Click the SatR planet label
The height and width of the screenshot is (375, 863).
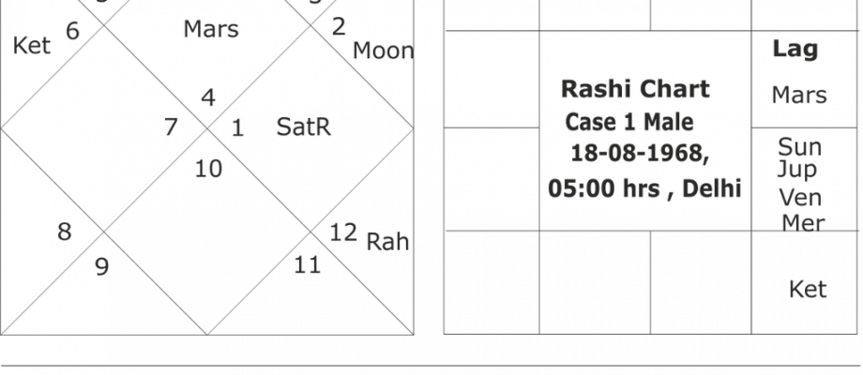(303, 127)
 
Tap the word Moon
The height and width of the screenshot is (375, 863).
(383, 51)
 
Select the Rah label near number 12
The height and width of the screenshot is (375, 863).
(387, 241)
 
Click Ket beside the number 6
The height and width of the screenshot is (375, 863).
(31, 46)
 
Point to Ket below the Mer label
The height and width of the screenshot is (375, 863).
(808, 290)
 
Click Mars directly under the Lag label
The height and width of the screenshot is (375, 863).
(799, 95)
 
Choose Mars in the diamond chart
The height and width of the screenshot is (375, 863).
(211, 28)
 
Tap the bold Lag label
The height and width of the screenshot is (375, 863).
(795, 49)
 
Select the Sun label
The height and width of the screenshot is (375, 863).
(800, 147)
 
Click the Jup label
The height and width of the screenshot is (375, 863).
(797, 170)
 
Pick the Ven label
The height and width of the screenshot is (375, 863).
(800, 198)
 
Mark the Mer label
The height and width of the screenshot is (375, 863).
(803, 223)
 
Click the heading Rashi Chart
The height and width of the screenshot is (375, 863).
(635, 88)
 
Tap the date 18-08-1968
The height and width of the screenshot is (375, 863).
(640, 154)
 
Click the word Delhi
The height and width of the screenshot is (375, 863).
(712, 188)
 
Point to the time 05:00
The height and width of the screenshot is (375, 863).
(583, 188)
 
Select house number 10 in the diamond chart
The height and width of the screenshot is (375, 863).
(208, 169)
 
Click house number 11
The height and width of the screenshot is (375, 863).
(307, 265)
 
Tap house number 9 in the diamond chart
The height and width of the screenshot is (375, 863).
(102, 266)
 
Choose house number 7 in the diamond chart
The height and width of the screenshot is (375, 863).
(171, 127)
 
